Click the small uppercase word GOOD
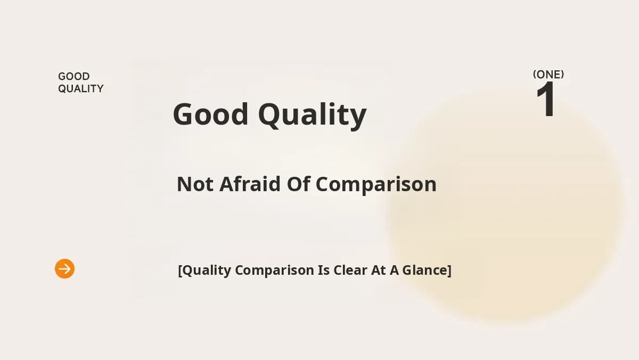click(74, 77)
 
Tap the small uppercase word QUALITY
click(81, 89)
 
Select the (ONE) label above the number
click(548, 75)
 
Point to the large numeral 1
click(546, 99)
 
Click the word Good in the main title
click(210, 114)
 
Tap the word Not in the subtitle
click(195, 184)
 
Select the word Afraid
click(250, 184)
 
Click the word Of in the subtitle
click(298, 184)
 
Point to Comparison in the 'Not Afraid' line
click(376, 185)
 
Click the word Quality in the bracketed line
click(207, 271)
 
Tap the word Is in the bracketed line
click(324, 270)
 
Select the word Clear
click(350, 270)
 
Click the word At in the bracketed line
click(378, 271)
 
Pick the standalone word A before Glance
click(394, 271)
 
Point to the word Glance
click(424, 270)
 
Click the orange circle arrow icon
click(65, 269)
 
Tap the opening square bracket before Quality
click(180, 271)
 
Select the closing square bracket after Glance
click(449, 271)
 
